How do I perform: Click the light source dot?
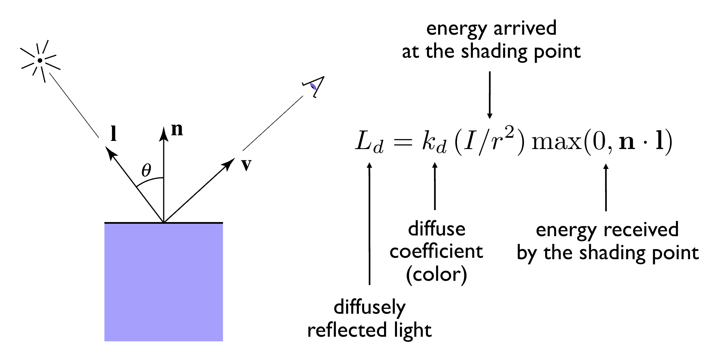tap(40, 61)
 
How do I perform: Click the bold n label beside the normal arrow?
tap(177, 130)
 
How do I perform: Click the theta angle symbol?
tap(146, 170)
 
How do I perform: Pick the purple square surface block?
tap(164, 282)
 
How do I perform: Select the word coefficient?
tap(436, 252)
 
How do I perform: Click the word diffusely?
tap(369, 308)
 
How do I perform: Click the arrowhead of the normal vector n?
tap(164, 132)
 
